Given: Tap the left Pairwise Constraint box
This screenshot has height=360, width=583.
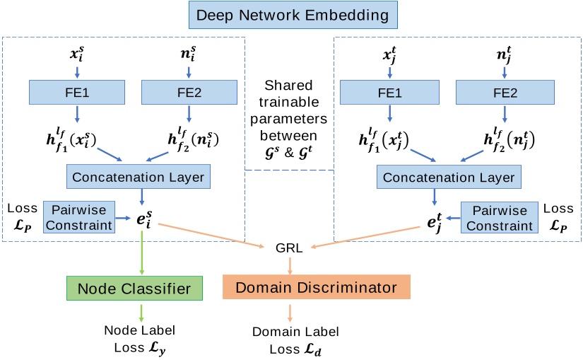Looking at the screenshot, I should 78,217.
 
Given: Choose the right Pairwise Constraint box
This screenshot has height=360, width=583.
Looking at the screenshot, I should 500,217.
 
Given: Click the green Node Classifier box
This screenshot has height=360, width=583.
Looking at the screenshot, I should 134,288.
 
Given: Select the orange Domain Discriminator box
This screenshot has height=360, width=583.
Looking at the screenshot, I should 316,288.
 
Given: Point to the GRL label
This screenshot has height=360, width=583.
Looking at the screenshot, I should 290,248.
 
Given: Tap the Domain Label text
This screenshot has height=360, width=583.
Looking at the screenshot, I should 295,331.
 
